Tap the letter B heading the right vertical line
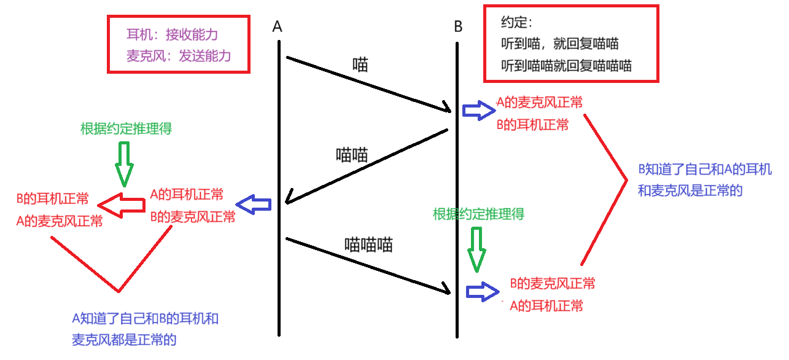pyautogui.click(x=458, y=26)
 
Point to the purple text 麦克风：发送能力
pyautogui.click(x=179, y=56)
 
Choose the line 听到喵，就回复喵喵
pyautogui.click(x=559, y=44)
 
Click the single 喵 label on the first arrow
pyautogui.click(x=360, y=65)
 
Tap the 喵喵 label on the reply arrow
pyautogui.click(x=352, y=155)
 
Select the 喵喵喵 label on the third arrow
pyautogui.click(x=368, y=245)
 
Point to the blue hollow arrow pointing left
pyautogui.click(x=254, y=205)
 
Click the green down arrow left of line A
pyautogui.click(x=124, y=163)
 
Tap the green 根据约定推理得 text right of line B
pyautogui.click(x=478, y=214)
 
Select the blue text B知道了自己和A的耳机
pyautogui.click(x=704, y=170)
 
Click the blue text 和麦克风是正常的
pyautogui.click(x=690, y=190)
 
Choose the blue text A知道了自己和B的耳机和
pyautogui.click(x=146, y=319)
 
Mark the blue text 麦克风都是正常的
pyautogui.click(x=124, y=340)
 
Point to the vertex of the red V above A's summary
pyautogui.click(x=119, y=291)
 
